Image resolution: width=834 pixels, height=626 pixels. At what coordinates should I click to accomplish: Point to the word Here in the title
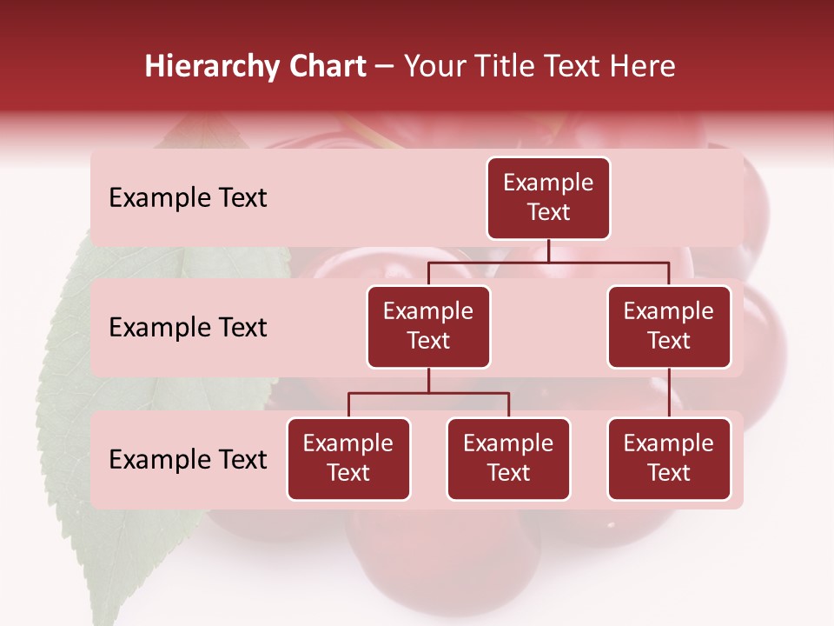[x=642, y=67]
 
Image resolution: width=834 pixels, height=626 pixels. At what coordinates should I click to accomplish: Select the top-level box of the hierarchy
[x=548, y=198]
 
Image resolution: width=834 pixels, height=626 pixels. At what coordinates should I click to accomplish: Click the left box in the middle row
[x=428, y=327]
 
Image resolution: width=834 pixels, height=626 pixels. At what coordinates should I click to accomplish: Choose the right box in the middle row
[x=669, y=327]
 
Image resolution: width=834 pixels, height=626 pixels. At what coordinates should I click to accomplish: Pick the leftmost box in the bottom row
[x=348, y=459]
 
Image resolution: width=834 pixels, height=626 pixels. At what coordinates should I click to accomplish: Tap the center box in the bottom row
[x=508, y=459]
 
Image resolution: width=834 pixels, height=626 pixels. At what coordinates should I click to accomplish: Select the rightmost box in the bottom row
[x=669, y=459]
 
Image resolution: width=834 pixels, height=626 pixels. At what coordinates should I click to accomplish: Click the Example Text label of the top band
[x=188, y=198]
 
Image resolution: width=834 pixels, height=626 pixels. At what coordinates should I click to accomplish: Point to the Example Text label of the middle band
[x=188, y=328]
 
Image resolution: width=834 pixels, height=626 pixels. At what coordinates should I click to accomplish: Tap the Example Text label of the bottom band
[x=188, y=459]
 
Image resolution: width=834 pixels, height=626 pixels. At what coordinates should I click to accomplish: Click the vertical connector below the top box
[x=548, y=250]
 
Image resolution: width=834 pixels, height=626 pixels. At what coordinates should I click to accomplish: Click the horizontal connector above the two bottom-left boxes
[x=428, y=393]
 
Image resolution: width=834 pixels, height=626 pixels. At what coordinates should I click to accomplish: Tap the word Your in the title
[x=434, y=67]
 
